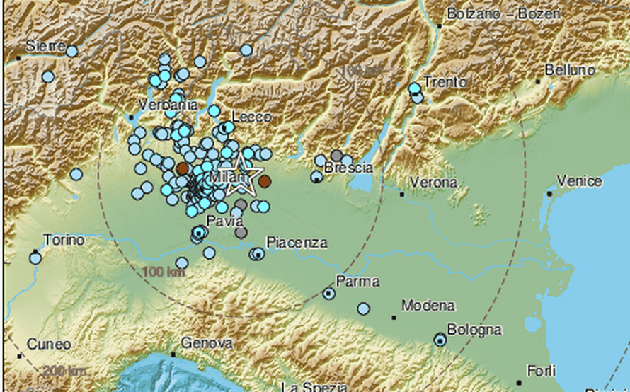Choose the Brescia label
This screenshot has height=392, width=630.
coord(348,168)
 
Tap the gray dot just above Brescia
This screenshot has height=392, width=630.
coord(337,156)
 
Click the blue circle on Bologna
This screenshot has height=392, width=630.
coord(440,340)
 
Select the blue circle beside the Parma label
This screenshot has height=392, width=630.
coord(328,293)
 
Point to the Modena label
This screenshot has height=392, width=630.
coord(428,306)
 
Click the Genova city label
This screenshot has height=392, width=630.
coord(207,343)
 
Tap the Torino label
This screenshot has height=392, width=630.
coord(64,240)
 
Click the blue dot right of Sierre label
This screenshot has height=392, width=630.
coord(71,51)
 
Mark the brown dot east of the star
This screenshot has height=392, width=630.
coord(264,182)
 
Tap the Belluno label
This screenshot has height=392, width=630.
coord(570,70)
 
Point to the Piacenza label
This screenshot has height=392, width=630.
coord(297,243)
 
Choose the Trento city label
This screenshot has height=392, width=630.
coord(445,81)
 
